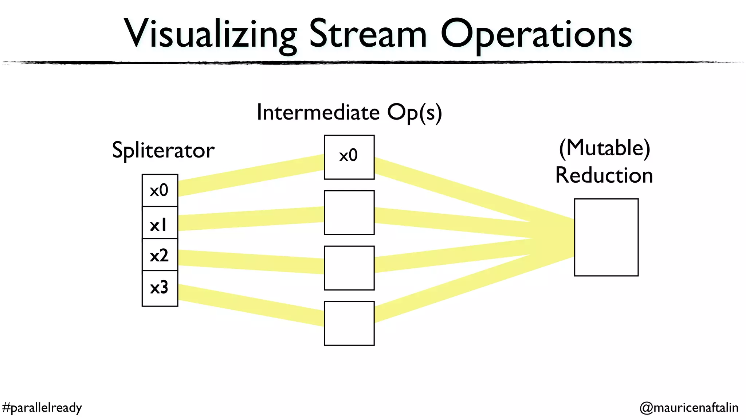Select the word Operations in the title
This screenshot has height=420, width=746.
(x=536, y=35)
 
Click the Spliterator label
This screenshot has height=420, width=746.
(x=163, y=150)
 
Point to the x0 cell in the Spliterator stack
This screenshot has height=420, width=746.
(x=160, y=190)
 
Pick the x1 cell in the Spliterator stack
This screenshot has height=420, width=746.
(x=160, y=223)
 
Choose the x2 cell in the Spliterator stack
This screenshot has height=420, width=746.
(x=160, y=255)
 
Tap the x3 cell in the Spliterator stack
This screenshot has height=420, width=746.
(x=160, y=288)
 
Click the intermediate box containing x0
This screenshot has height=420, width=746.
(x=349, y=157)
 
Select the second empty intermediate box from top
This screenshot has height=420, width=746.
(x=349, y=268)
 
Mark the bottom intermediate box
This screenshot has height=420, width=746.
(x=349, y=323)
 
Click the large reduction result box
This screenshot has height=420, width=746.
(x=606, y=237)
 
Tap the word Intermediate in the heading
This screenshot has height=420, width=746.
(x=318, y=112)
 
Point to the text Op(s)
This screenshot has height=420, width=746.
(x=414, y=112)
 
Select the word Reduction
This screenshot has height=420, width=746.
(x=604, y=175)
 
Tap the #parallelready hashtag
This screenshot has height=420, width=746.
(x=42, y=407)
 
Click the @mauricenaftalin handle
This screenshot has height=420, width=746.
(x=688, y=407)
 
